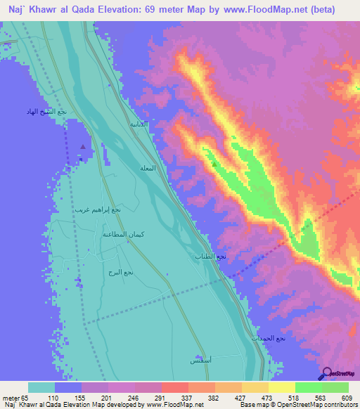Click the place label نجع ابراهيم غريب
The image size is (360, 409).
pos(98,209)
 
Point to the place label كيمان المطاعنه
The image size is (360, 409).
pos(124,234)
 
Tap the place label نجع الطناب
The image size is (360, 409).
pos(210,257)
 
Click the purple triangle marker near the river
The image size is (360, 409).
pos(83,147)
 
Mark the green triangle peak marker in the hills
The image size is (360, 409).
pos(214,164)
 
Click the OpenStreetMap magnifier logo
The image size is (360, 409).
pos(326,373)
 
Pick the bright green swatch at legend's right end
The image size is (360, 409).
pos(335,387)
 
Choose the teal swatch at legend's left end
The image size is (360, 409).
pos(41,387)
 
